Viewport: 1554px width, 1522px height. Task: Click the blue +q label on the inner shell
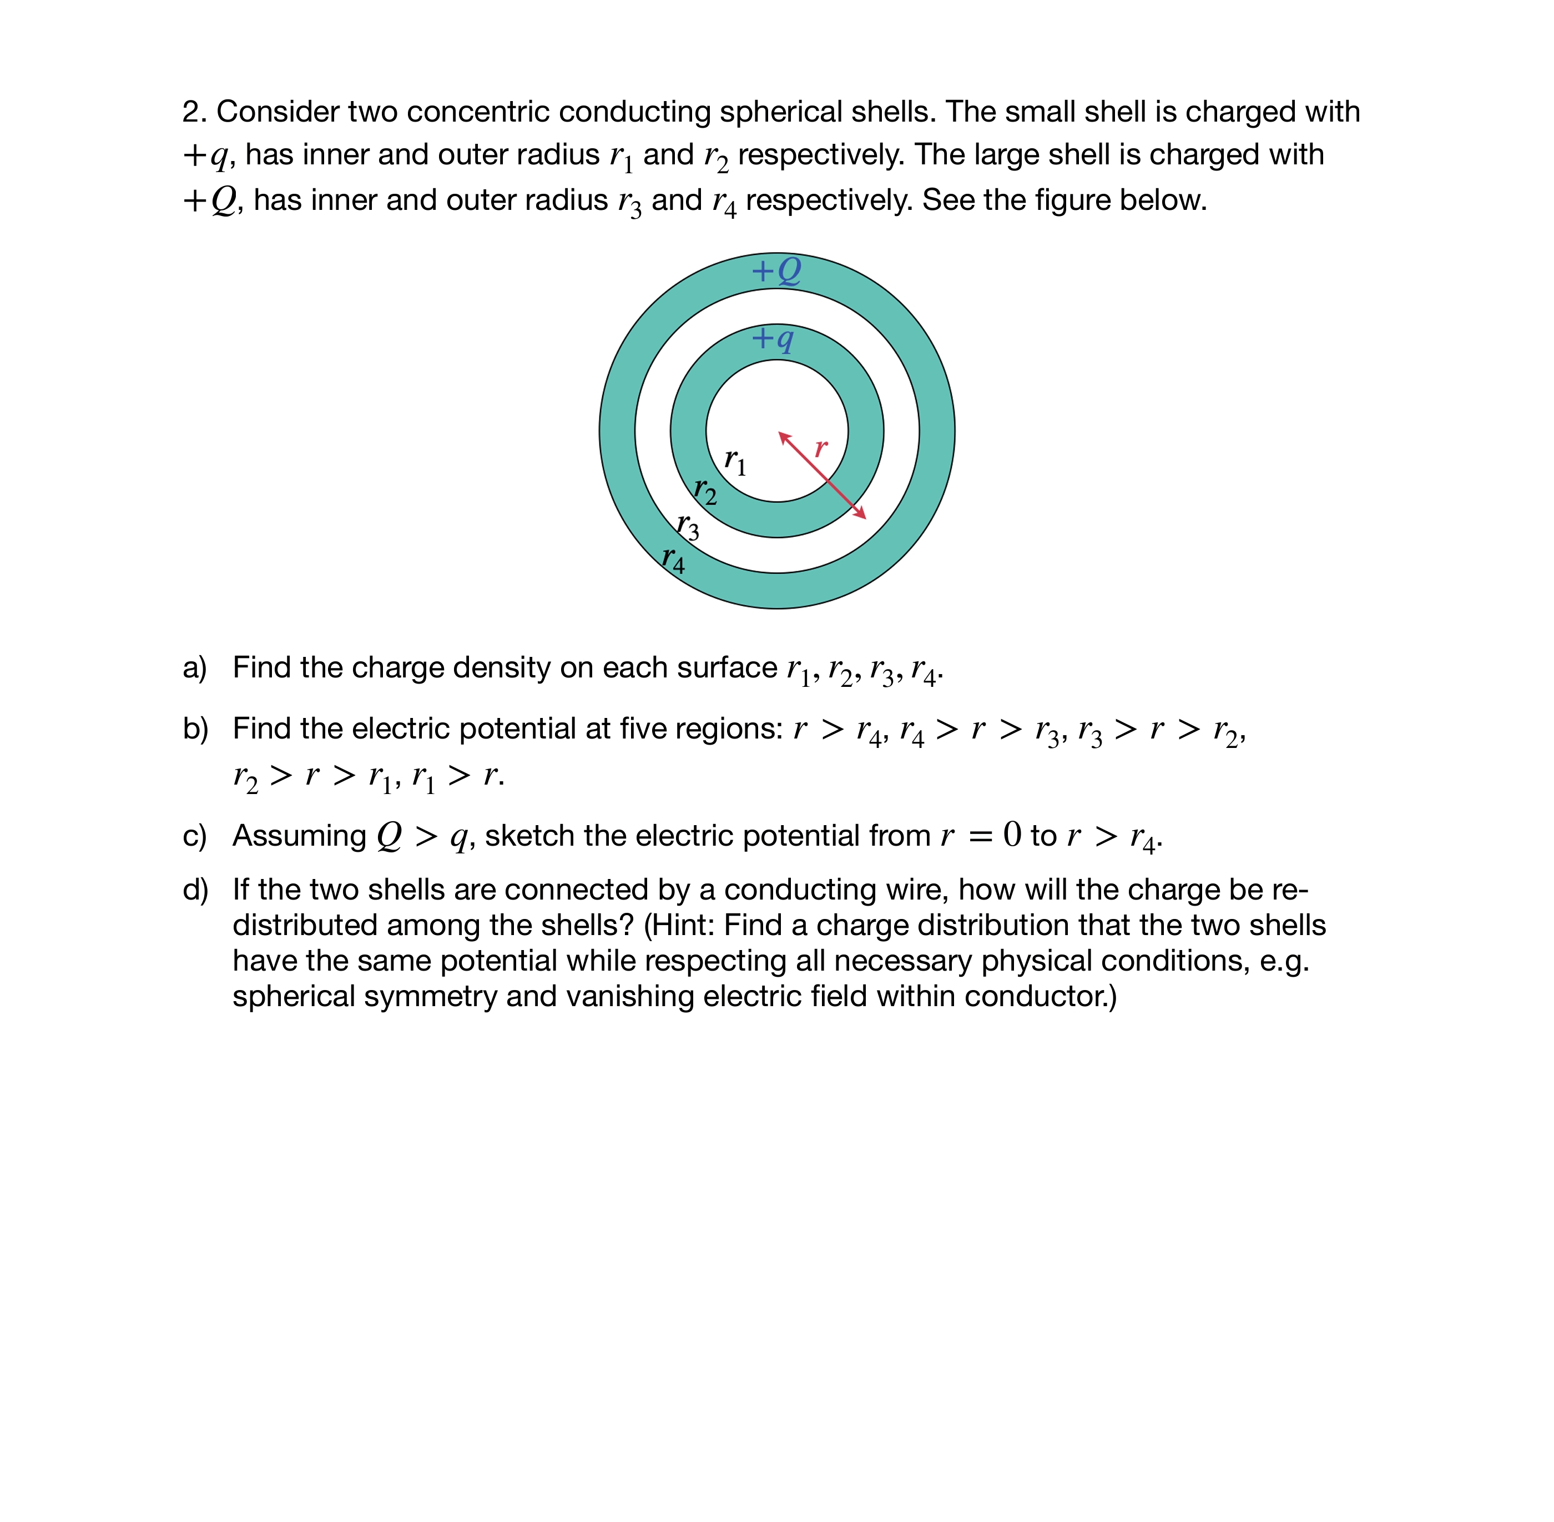click(x=773, y=338)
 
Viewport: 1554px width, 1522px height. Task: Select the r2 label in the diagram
click(x=705, y=489)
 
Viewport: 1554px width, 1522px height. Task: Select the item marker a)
click(x=194, y=667)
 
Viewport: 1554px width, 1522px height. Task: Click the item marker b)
click(x=195, y=728)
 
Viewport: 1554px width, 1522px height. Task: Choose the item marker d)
click(x=195, y=890)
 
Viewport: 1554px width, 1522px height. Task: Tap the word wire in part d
click(x=921, y=890)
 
